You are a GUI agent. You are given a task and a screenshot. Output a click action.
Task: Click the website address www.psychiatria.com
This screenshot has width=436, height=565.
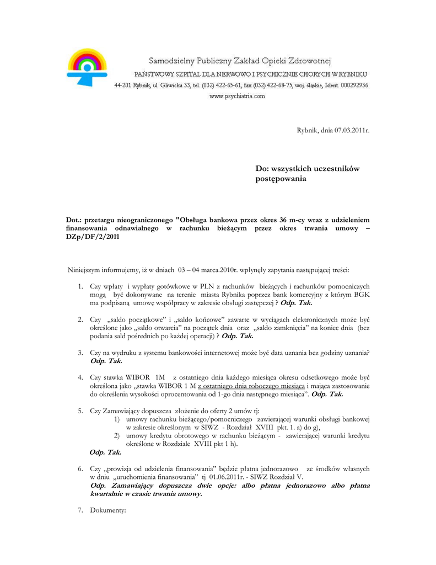coord(237,96)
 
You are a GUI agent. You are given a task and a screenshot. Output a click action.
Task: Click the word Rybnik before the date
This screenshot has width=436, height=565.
coord(308,130)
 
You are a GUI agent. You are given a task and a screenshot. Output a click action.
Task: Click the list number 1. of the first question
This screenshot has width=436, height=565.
coord(80,286)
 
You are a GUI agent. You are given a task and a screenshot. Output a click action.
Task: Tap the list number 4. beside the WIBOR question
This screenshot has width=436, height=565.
coord(80,377)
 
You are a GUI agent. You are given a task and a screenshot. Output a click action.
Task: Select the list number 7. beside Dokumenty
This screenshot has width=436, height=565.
coord(80,510)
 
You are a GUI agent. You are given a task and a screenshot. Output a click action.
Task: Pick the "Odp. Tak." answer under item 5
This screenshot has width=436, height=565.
coord(105,452)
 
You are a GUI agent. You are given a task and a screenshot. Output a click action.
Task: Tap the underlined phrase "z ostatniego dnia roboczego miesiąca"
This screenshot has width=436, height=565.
coord(251,386)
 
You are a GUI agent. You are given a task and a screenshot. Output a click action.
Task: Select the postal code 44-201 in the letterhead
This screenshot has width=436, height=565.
coord(122,86)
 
